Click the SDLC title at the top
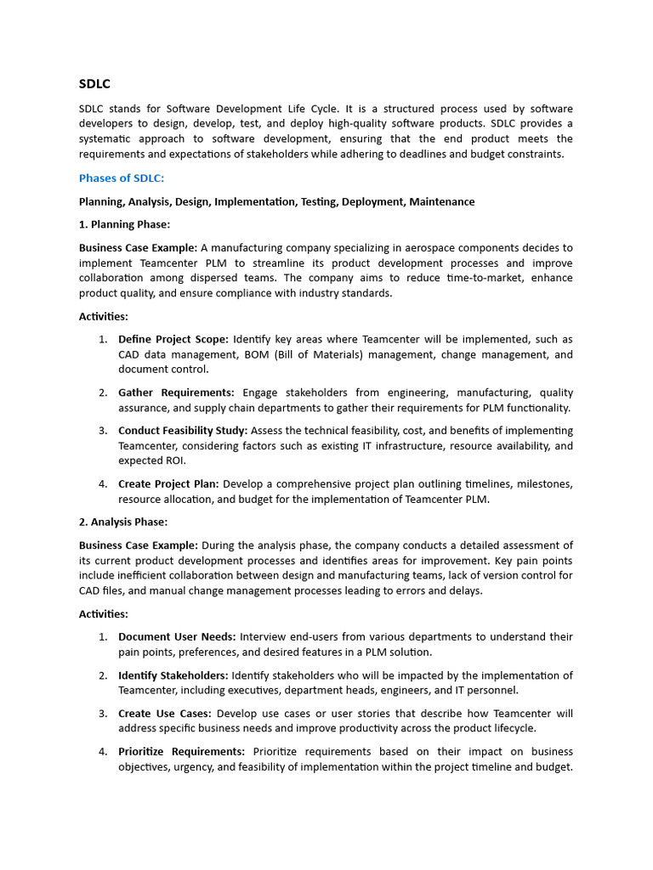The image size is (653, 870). (94, 83)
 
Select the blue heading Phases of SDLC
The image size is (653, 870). (122, 178)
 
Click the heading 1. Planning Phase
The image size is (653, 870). (124, 224)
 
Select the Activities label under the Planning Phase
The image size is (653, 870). (104, 316)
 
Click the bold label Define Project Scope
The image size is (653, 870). (173, 339)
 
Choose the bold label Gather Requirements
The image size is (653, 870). (176, 393)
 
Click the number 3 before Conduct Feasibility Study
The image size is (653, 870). (102, 431)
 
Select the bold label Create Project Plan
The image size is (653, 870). (168, 483)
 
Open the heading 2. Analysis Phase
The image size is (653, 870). (123, 522)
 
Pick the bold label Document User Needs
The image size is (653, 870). (177, 636)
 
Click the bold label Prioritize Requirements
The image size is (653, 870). (181, 751)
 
